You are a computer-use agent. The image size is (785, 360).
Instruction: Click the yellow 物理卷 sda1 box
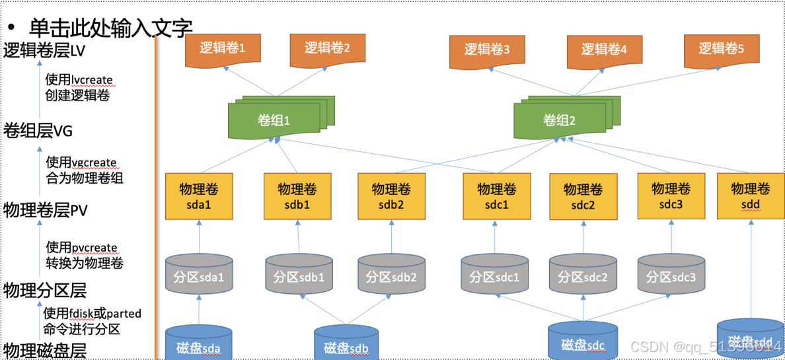199,196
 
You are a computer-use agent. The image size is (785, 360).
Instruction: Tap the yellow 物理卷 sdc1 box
497,196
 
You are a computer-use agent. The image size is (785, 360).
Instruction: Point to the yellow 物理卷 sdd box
751,196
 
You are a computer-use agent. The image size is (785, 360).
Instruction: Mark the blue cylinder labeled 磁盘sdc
583,342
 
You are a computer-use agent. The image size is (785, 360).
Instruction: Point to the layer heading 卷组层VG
38,131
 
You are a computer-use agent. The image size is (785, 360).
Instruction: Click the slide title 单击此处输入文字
110,27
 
